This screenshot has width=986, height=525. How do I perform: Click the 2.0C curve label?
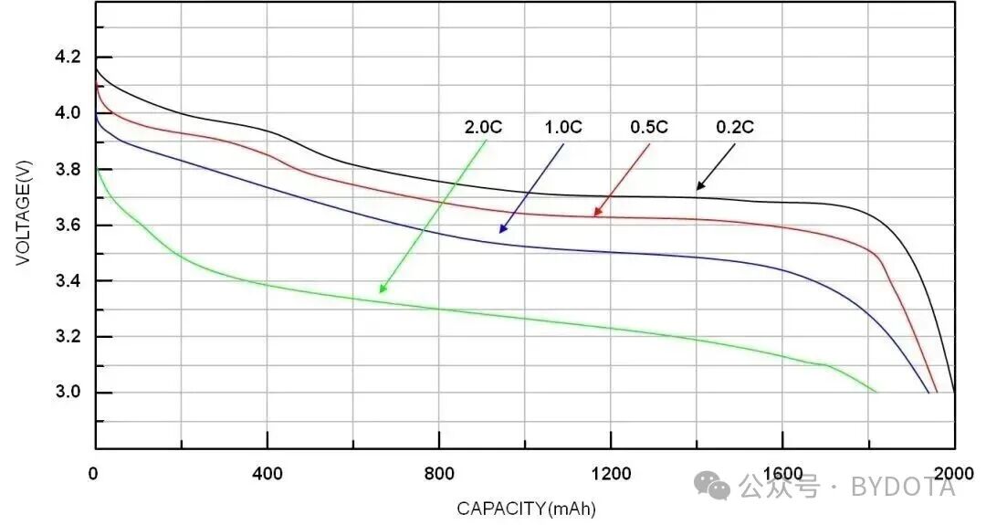483,128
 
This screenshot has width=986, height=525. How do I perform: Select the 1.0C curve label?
562,128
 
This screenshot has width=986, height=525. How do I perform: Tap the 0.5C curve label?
648,128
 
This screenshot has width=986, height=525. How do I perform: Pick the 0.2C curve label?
734,128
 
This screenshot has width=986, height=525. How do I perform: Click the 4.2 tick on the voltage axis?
68,58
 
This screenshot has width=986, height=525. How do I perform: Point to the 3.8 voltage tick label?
68,170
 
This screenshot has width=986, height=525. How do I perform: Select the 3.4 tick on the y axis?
68,281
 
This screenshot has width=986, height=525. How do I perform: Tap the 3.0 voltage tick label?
68,393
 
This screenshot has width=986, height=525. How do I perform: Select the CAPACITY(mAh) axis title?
526,508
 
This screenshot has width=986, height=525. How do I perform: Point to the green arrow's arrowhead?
382,291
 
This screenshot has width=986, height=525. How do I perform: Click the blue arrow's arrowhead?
501,231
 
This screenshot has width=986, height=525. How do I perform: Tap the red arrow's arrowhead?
595,215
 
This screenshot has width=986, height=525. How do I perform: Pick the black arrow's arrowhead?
698,188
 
